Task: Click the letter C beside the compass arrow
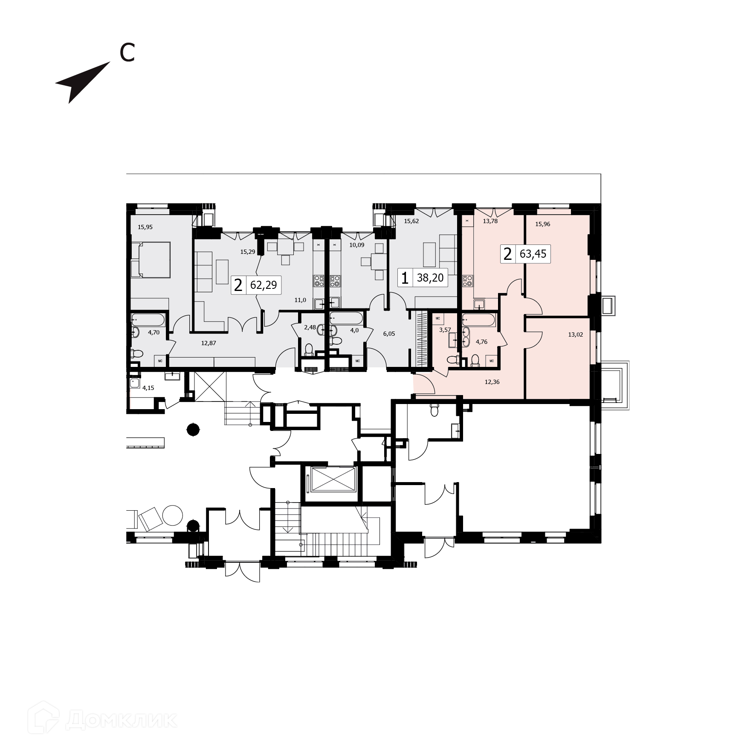click(x=127, y=53)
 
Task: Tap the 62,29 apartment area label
click(x=264, y=285)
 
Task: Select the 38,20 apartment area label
click(x=430, y=278)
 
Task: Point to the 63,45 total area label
click(x=533, y=255)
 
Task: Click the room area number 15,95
click(x=145, y=227)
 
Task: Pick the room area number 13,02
click(x=575, y=335)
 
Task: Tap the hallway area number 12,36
click(x=492, y=382)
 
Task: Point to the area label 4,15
click(x=148, y=388)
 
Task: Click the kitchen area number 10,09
click(x=356, y=245)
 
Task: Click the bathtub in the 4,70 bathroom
click(x=148, y=319)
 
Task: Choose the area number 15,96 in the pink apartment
click(x=542, y=224)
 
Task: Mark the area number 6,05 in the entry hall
click(x=389, y=334)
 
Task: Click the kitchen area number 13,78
click(x=490, y=221)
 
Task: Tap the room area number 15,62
click(x=411, y=221)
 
